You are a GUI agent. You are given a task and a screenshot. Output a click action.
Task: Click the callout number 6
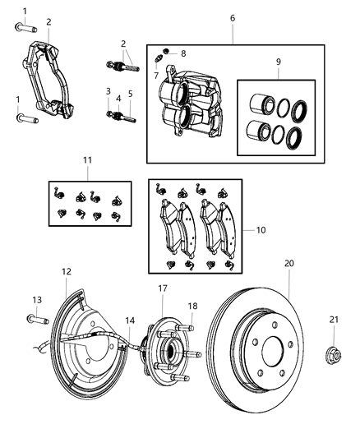point(232,17)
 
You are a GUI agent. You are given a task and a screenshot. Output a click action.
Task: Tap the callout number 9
point(278,62)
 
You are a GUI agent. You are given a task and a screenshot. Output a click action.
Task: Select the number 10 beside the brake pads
point(261,231)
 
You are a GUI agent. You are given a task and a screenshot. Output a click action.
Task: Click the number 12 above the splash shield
point(67,270)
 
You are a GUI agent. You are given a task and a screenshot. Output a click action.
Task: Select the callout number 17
point(163,288)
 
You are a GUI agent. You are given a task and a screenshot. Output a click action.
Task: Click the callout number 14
point(130,320)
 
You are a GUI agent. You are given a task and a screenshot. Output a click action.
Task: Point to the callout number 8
point(182,53)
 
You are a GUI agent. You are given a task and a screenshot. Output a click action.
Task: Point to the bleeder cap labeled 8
point(166,53)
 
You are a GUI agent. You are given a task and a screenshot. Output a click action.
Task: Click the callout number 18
point(192,306)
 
